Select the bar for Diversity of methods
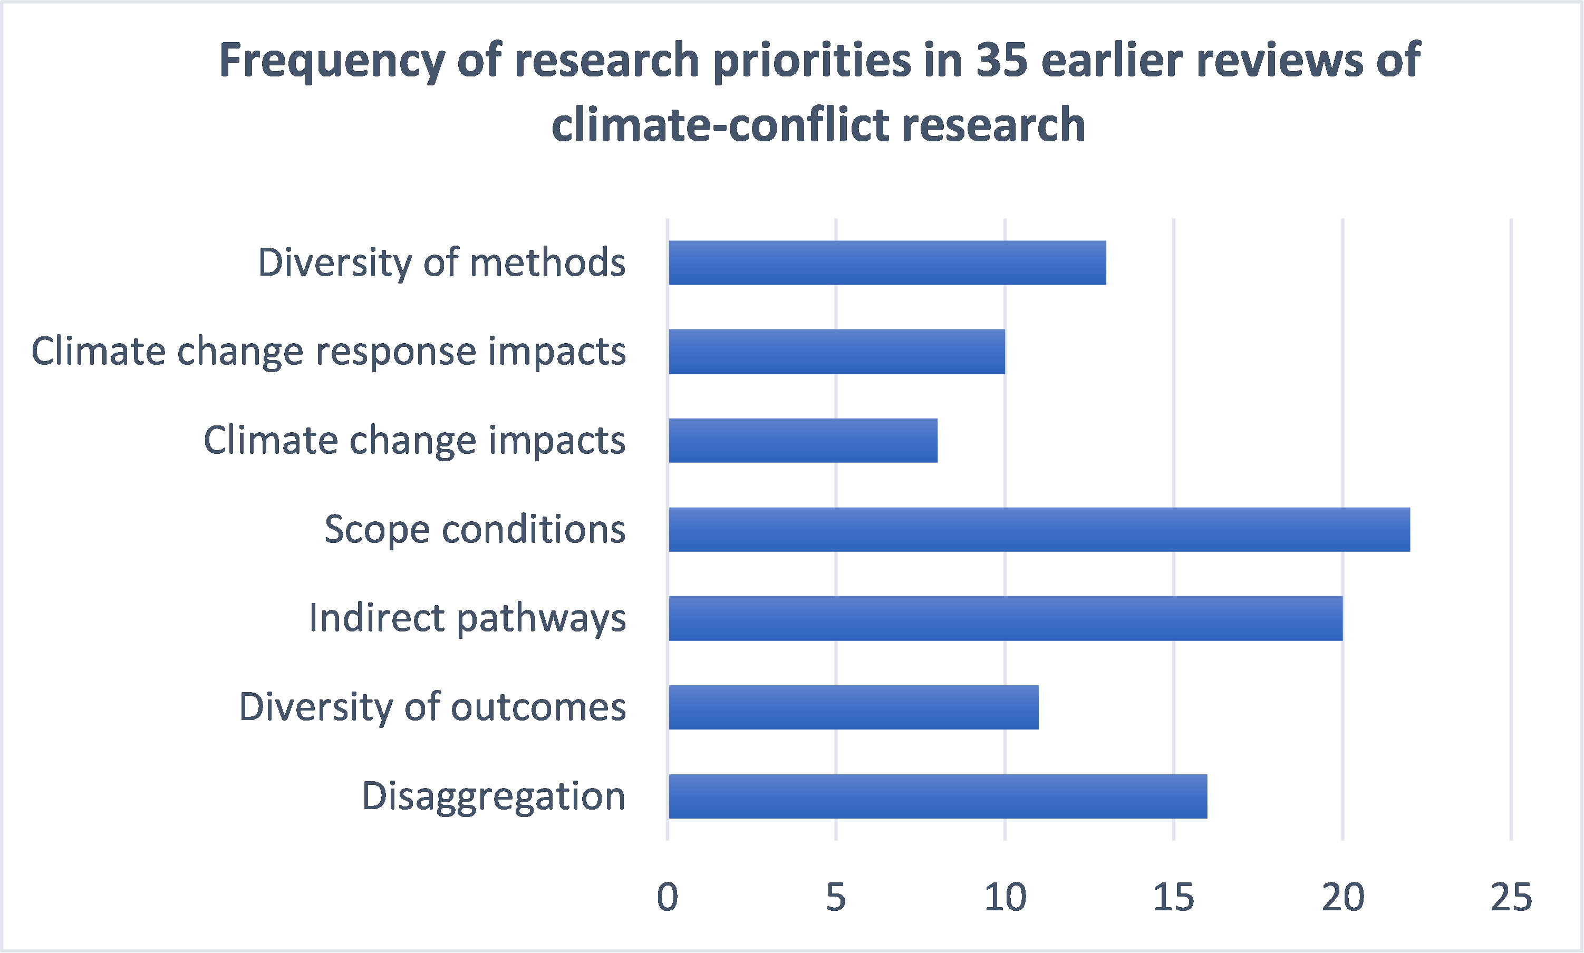point(887,262)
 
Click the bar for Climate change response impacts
point(836,351)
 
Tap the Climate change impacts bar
point(803,441)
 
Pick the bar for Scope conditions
point(1039,529)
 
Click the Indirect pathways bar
point(1005,618)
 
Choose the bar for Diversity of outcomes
point(853,707)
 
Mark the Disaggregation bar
point(938,796)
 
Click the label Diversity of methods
point(441,262)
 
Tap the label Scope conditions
point(475,530)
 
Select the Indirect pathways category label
point(467,618)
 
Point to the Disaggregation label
point(494,797)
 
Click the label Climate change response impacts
point(328,351)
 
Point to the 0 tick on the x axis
point(668,897)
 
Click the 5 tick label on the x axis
point(836,897)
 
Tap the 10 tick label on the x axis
point(1005,897)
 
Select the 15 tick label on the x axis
point(1174,897)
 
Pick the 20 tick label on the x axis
point(1342,897)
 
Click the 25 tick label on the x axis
point(1511,897)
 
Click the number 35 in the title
point(1002,60)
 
